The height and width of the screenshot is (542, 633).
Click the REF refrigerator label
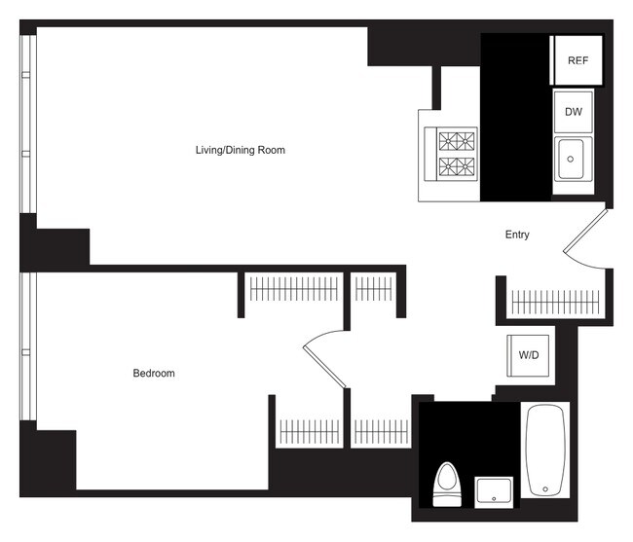coord(577,59)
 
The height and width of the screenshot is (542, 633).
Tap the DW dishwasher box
coord(573,112)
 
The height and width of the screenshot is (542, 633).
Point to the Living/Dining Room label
coord(240,150)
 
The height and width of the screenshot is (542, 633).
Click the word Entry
coord(517,235)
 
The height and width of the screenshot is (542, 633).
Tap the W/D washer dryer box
coord(529,356)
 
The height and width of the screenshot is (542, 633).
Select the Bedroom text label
coord(154,374)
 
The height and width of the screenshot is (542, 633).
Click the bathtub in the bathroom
coord(546,450)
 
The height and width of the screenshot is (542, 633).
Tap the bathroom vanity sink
coord(495,489)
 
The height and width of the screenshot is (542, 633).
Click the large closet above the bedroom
coord(293,289)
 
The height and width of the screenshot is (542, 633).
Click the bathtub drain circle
coord(546,488)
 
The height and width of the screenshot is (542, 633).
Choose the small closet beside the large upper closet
coord(373,289)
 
